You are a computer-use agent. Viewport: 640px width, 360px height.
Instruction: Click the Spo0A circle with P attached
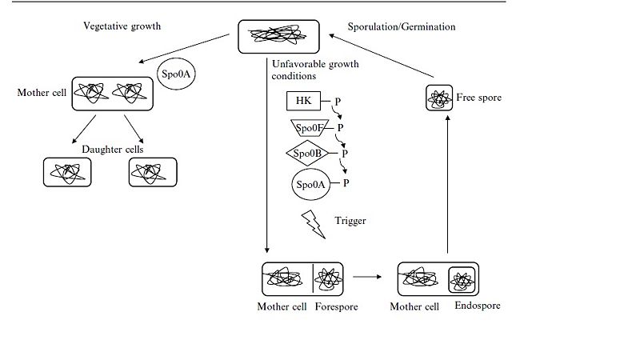coord(310,184)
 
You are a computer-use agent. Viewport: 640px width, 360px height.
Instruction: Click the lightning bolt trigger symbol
coord(313,223)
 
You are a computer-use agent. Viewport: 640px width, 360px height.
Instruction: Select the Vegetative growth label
coord(122,26)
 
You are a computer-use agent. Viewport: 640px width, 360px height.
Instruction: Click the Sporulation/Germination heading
coord(402,26)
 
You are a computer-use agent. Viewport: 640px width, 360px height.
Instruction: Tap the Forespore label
coord(338,306)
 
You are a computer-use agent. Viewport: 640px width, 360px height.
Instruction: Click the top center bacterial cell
coord(279,35)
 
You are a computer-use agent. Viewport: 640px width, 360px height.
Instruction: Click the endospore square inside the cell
coord(463,279)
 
